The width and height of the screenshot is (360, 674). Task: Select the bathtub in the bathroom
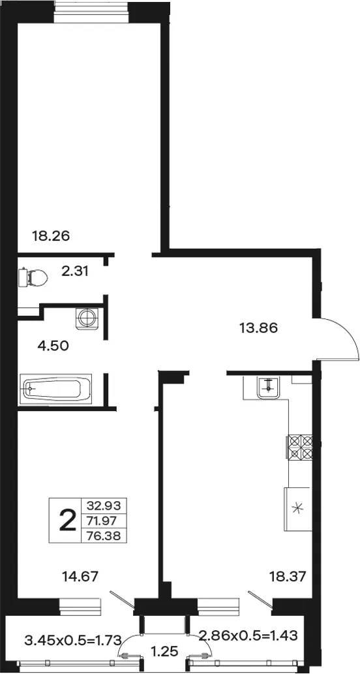tap(56, 389)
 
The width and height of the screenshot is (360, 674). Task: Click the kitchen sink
tap(269, 388)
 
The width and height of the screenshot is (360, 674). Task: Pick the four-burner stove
tap(300, 447)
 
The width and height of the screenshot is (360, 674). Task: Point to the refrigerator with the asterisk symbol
tap(297, 509)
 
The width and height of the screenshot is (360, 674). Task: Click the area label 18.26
tap(51, 236)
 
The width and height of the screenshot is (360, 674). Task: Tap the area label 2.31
tap(75, 271)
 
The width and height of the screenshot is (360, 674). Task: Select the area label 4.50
tap(53, 345)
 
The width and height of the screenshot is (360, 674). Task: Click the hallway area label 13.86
tap(258, 328)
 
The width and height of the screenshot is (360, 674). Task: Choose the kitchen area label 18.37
tap(288, 576)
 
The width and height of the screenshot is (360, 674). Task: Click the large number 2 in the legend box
tap(66, 520)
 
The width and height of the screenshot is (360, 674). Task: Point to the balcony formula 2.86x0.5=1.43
tap(248, 636)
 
